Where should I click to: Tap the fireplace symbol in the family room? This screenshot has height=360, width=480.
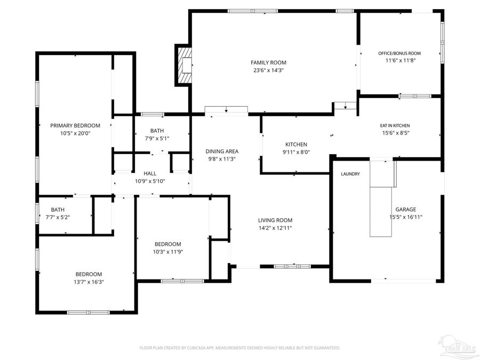184,65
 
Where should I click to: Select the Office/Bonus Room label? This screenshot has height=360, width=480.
399,53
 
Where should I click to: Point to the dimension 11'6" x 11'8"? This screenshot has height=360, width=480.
400,61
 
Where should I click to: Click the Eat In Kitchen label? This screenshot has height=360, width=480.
395,125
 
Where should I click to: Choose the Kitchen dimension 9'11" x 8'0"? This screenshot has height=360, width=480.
296,152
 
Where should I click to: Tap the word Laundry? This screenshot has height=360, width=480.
350,174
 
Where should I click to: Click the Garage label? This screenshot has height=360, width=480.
405,210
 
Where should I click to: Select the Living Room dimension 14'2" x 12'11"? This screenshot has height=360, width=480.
275,228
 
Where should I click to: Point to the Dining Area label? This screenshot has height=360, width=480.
222,151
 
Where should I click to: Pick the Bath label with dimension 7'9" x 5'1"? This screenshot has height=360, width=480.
157,131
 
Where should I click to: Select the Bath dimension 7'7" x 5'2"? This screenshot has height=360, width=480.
58,217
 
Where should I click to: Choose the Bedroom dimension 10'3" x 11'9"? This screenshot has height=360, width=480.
168,252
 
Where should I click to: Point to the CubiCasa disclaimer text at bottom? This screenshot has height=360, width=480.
239,348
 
